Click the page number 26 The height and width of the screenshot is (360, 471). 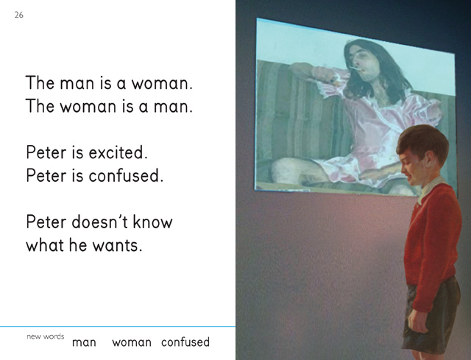[18, 15]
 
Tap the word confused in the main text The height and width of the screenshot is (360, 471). [126, 175]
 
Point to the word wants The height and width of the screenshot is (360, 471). [117, 245]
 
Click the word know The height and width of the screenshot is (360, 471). [152, 222]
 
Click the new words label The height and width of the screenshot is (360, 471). [46, 336]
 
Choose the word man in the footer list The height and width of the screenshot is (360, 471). [84, 342]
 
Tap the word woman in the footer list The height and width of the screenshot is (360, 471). [132, 342]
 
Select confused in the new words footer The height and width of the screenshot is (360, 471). [185, 342]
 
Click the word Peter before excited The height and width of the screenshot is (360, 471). [46, 152]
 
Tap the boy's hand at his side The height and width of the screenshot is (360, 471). [417, 321]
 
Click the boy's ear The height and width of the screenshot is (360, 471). [430, 157]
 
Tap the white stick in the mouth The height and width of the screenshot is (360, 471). [355, 68]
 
